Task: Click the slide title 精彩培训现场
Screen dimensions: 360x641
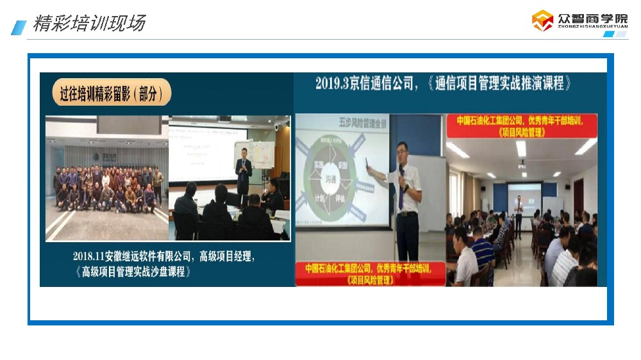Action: pyautogui.click(x=89, y=24)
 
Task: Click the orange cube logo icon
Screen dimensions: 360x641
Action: pyautogui.click(x=542, y=21)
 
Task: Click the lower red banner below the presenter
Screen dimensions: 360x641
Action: pyautogui.click(x=372, y=274)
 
